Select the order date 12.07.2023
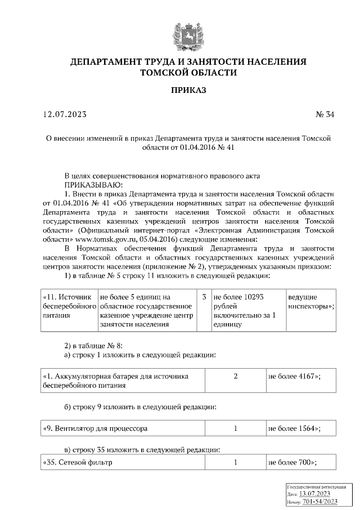65,115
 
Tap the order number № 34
325,115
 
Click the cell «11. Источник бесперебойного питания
69,310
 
